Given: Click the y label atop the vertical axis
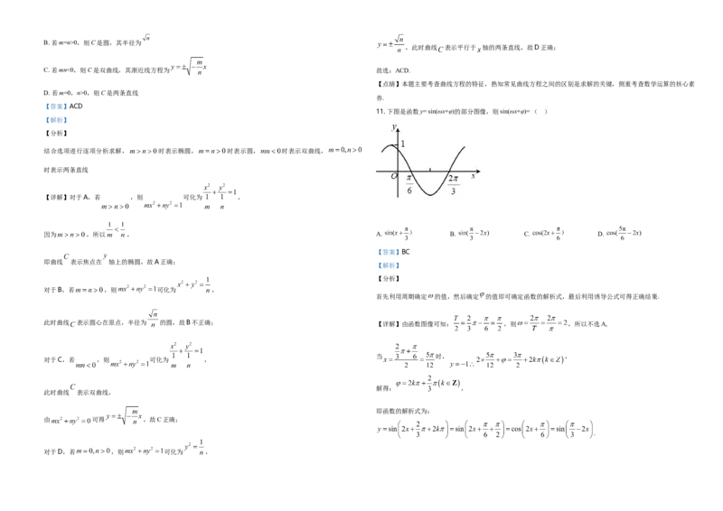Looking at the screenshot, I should pos(393,128).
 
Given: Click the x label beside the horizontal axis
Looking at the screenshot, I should pos(474,176).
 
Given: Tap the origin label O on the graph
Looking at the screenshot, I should pos(393,176).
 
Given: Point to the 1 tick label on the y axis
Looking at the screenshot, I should pos(403,144).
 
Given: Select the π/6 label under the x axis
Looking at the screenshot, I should pos(409,184).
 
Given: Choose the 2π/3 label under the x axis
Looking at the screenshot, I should pos(453,184).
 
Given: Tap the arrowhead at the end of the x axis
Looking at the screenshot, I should pos(478,170).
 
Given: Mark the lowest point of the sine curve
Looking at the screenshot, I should pos(431,195).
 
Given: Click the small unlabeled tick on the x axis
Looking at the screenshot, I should pos(431,170).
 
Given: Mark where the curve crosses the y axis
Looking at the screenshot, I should pos(399,149).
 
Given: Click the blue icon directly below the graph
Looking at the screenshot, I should pos(389,259).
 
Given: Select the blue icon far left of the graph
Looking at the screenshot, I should pos(56,115).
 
